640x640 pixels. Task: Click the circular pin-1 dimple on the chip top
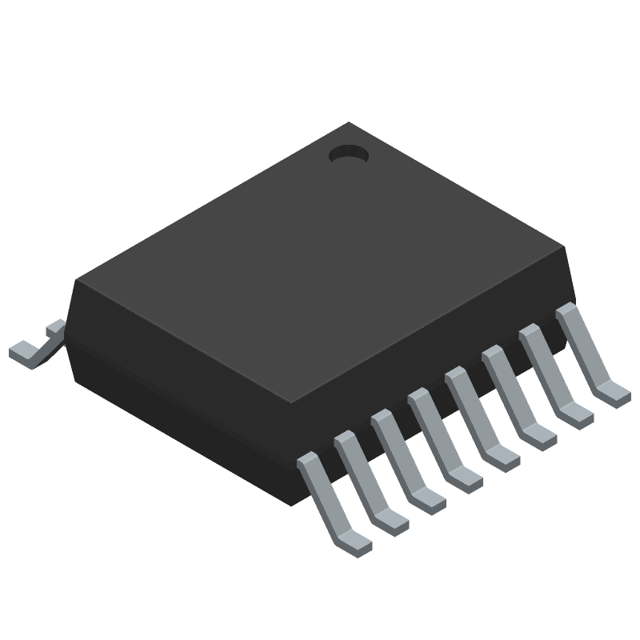pos(349,154)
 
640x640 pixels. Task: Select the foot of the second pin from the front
pos(391,521)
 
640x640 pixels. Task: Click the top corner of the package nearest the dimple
pos(349,124)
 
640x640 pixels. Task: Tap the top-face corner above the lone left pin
pos(77,280)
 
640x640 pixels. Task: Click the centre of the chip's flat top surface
pos(320,264)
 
